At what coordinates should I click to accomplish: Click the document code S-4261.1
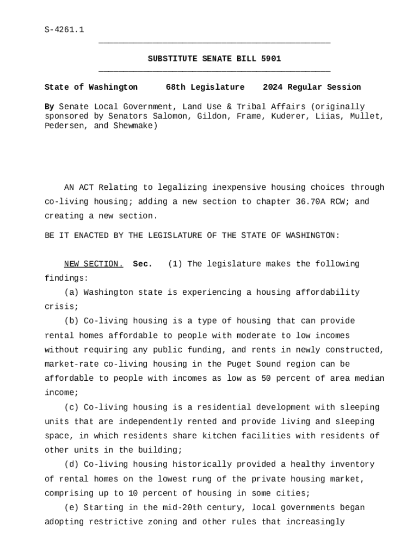click(x=64, y=29)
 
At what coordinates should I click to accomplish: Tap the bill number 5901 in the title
click(x=271, y=59)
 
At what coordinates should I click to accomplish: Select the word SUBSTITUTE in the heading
click(x=172, y=59)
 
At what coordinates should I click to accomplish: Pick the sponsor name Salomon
click(x=172, y=116)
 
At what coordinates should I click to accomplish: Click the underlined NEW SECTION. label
click(x=94, y=264)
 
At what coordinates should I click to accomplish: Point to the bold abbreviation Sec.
click(x=143, y=264)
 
